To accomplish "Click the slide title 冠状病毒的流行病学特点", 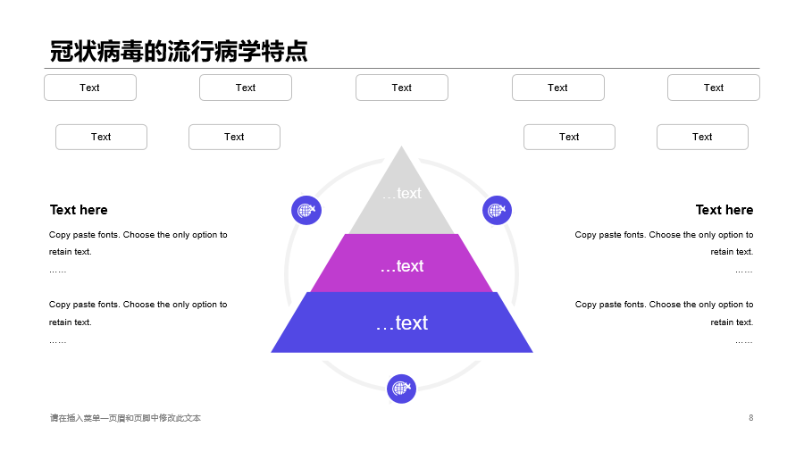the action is (179, 51).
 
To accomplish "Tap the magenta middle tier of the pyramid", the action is (401, 263).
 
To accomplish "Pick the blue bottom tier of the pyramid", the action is (401, 322).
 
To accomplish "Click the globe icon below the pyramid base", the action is (401, 389).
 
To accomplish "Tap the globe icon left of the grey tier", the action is (306, 210).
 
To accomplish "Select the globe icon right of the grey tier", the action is (497, 210).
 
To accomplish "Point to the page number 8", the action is (750, 418).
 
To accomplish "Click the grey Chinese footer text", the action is (125, 418).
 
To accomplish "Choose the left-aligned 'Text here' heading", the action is (79, 210).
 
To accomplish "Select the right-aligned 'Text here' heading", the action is (724, 210).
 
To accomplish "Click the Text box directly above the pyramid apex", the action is (401, 88).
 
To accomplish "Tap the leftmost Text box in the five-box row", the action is (90, 88).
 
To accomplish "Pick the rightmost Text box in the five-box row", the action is (713, 88).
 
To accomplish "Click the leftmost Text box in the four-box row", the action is (101, 137).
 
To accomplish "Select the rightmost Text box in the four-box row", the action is (702, 137).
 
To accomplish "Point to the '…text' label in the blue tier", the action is (401, 322).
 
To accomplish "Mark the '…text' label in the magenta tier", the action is (401, 266).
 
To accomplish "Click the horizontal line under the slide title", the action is (401, 68).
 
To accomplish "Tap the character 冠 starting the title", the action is (62, 51).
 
